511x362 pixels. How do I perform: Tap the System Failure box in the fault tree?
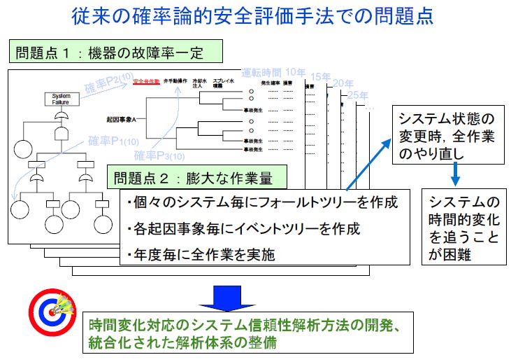(x=61, y=97)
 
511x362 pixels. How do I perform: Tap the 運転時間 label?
(x=261, y=73)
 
